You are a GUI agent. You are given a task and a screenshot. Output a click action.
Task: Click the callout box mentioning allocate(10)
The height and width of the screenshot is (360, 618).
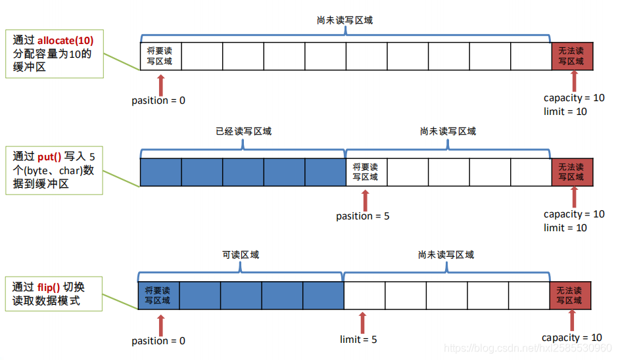(54, 53)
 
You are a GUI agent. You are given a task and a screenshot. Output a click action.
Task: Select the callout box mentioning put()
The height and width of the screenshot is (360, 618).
(54, 171)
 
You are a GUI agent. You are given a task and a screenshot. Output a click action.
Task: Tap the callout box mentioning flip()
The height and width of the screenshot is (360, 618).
(54, 294)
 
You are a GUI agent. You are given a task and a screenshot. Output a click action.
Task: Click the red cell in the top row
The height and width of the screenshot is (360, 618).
(571, 56)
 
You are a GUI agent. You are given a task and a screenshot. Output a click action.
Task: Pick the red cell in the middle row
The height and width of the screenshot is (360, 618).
(571, 172)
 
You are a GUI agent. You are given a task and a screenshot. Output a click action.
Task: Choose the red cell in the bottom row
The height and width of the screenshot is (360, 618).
(569, 295)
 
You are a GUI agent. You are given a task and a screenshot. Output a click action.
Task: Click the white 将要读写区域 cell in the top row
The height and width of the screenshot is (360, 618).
(160, 56)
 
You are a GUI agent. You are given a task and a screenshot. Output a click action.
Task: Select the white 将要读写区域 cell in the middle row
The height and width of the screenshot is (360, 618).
(366, 172)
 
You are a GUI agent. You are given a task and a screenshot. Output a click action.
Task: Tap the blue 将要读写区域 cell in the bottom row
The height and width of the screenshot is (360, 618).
(158, 295)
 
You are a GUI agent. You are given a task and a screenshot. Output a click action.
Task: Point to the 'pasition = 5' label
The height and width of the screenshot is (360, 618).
(363, 216)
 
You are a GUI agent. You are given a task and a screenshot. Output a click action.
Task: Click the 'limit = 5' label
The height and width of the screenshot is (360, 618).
(358, 339)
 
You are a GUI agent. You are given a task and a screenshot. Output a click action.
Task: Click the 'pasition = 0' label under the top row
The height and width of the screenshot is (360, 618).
(158, 101)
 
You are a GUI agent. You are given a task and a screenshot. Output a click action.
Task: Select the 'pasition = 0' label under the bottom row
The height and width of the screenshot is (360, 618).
(158, 340)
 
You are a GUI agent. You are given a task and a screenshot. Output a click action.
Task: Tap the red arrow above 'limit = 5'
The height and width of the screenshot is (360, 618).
(362, 322)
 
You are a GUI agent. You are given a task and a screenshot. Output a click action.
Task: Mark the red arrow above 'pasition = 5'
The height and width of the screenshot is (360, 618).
(366, 200)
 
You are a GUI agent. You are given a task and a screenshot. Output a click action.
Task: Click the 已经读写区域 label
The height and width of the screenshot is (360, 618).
(243, 131)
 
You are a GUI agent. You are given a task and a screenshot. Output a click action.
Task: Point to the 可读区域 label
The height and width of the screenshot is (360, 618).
(241, 254)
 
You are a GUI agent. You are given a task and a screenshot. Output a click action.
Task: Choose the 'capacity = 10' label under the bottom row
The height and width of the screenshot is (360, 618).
(571, 338)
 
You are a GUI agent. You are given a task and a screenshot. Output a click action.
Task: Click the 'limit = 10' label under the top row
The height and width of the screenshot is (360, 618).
(565, 111)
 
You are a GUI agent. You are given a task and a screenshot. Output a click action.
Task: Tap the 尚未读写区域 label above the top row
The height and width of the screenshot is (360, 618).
(345, 20)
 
